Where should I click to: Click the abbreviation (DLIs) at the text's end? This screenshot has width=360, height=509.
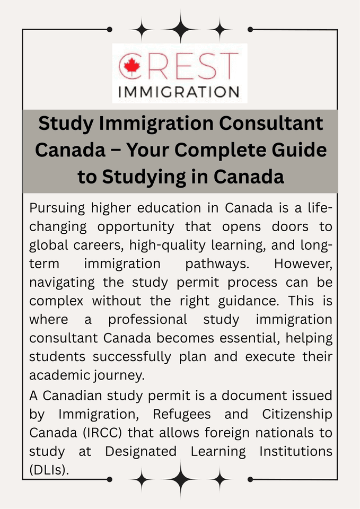click(49, 470)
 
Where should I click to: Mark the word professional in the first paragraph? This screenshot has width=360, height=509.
click(147, 320)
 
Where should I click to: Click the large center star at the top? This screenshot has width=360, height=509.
click(180, 27)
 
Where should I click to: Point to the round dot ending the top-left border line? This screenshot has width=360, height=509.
click(110, 29)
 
